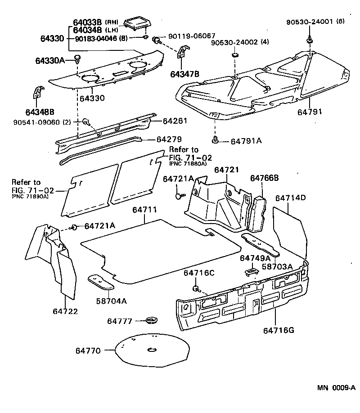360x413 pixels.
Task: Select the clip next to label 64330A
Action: coord(77,58)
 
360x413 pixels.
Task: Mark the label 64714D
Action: coord(290,198)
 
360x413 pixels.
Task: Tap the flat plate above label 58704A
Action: coord(100,282)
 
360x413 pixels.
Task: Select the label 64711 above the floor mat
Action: coord(144,210)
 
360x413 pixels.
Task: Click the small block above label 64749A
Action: coord(251,271)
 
